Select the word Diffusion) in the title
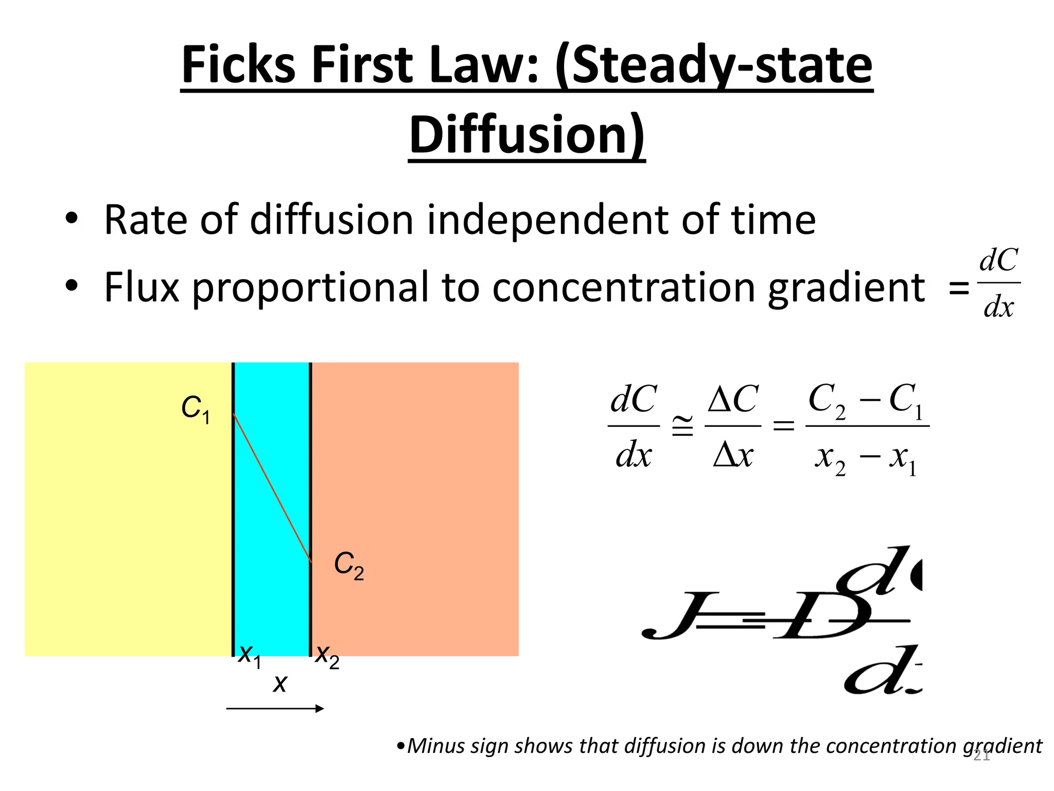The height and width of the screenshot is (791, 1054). (526, 135)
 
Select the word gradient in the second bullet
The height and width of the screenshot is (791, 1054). (846, 288)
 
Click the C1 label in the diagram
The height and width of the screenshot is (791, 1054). (196, 409)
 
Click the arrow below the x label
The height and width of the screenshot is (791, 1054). (275, 709)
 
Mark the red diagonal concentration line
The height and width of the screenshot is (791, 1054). (272, 487)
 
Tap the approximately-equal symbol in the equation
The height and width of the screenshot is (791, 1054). (682, 426)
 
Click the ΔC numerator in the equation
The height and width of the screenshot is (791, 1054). (732, 399)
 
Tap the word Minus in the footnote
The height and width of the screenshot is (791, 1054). (438, 746)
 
